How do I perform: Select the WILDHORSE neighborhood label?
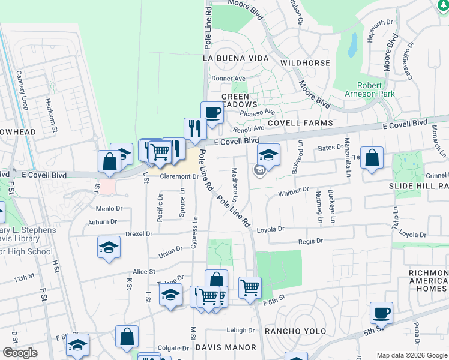[305, 63]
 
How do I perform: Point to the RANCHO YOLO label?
[295, 331]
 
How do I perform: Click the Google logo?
[20, 353]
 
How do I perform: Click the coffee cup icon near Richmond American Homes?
[381, 313]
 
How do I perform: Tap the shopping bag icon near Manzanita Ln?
[372, 158]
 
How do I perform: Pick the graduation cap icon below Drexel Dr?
[109, 247]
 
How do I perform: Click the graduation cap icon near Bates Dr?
[269, 154]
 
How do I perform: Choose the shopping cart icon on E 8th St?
[250, 287]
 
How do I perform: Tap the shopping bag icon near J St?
[109, 161]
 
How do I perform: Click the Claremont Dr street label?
[179, 176]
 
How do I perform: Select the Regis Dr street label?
[310, 241]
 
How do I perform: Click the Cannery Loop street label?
[22, 91]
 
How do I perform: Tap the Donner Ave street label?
[228, 79]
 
